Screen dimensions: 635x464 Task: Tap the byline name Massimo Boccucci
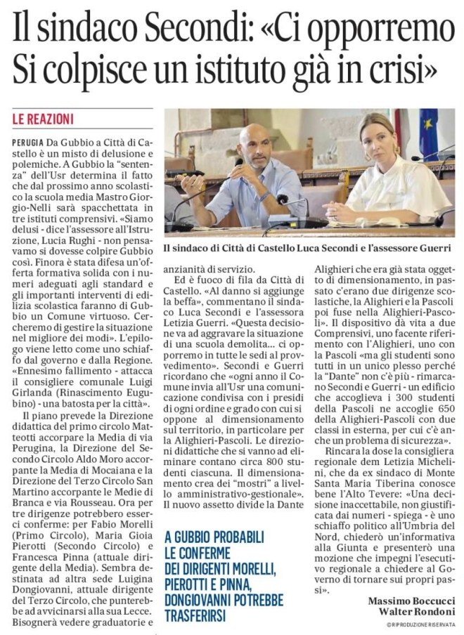pos(411,601)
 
